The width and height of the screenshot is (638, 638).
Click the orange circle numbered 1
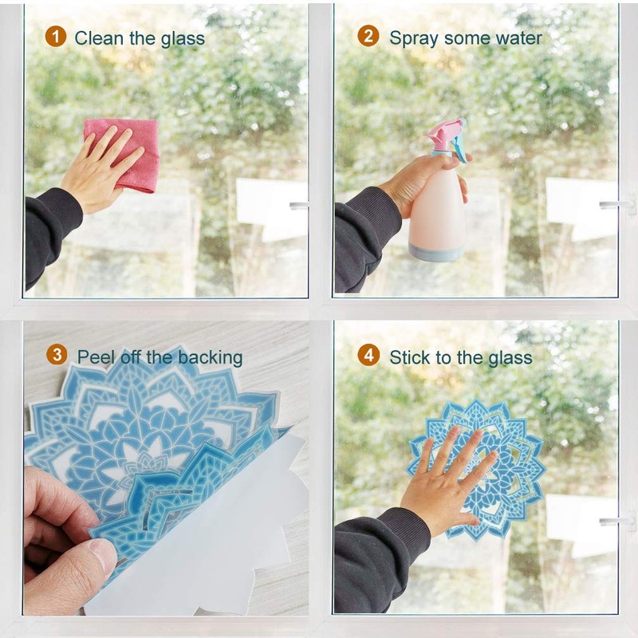point(55,37)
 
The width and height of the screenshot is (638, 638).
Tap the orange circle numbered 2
point(368,37)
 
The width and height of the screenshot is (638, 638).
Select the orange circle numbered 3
point(56,355)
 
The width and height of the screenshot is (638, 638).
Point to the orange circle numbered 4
point(368,356)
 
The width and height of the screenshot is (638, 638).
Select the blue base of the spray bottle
point(435,253)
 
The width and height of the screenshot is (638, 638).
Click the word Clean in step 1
point(97,38)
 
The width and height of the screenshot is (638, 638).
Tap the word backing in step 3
point(211,357)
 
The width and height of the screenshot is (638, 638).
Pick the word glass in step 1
point(183,38)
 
